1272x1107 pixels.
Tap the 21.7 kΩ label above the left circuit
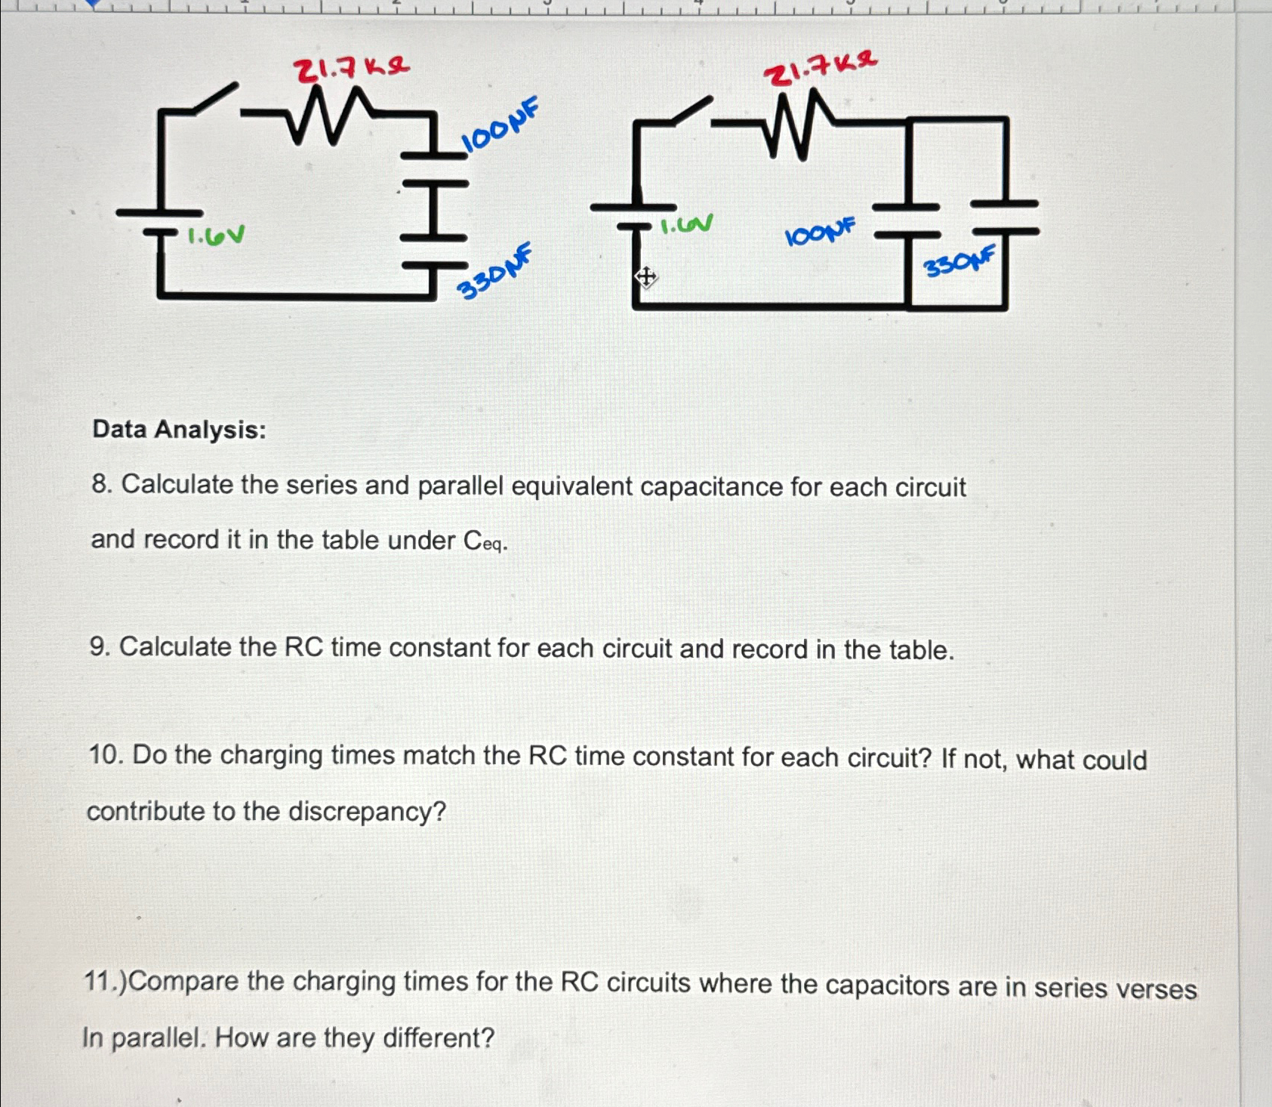351,69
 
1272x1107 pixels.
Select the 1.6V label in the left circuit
216,236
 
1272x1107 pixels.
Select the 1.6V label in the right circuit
686,224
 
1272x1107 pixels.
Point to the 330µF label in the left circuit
495,273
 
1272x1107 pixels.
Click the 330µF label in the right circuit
959,261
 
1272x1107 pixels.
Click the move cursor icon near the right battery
645,277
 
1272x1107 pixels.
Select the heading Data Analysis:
179,430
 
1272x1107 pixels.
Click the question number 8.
101,484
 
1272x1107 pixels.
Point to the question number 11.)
106,981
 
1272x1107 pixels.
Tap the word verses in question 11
1156,988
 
